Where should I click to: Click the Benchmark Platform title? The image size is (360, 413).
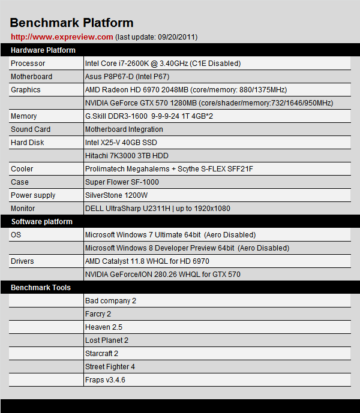click(x=71, y=23)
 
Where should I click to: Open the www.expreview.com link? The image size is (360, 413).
click(x=62, y=37)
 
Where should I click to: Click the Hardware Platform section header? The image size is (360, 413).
click(x=43, y=50)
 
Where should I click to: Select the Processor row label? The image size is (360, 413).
click(x=28, y=64)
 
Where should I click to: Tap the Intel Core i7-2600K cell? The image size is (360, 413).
click(x=163, y=64)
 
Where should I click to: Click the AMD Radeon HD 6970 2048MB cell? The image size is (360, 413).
click(x=186, y=90)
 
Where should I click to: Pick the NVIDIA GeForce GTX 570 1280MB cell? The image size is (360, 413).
click(x=209, y=103)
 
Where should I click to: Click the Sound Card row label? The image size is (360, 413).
click(x=31, y=129)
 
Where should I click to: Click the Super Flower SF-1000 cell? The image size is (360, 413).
click(x=122, y=182)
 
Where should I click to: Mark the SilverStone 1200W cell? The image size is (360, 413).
click(x=116, y=195)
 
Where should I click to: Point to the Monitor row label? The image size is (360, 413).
click(x=23, y=209)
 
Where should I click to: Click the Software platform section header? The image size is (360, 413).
click(x=41, y=222)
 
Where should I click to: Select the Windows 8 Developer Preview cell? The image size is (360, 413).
click(x=187, y=248)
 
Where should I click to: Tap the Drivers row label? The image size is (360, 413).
click(x=22, y=261)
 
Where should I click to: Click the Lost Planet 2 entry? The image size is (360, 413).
click(x=107, y=340)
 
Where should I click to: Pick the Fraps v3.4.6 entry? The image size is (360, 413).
click(x=105, y=380)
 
